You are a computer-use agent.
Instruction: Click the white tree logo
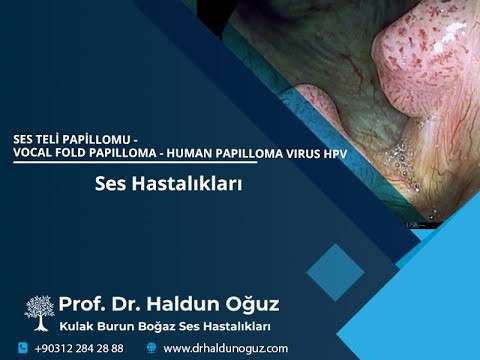(x=39, y=310)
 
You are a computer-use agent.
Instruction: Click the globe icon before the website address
(x=151, y=348)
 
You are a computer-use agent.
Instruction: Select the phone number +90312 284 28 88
(x=79, y=348)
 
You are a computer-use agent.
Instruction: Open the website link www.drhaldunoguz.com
(x=225, y=348)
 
